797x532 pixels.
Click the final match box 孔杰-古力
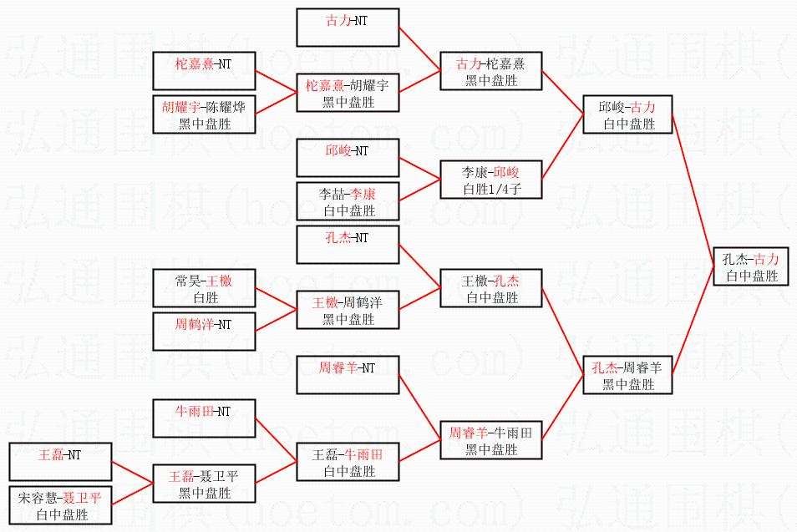(x=750, y=266)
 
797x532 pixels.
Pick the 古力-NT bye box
(x=348, y=28)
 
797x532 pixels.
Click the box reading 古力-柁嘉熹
(x=491, y=71)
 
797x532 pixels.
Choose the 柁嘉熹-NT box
(x=204, y=70)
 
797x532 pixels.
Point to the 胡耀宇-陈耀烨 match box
(x=204, y=114)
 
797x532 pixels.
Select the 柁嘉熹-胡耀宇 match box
(x=348, y=93)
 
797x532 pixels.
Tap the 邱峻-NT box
(x=348, y=158)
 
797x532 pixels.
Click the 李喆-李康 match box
(x=348, y=201)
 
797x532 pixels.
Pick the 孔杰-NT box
(x=348, y=245)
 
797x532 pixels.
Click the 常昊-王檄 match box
(x=204, y=288)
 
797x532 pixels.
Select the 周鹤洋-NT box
(x=204, y=332)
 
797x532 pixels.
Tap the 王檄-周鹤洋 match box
(x=348, y=310)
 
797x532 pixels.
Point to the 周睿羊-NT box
(x=348, y=374)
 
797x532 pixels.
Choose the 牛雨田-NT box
(x=204, y=418)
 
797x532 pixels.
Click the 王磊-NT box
(x=60, y=462)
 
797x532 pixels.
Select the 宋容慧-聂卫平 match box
(x=60, y=505)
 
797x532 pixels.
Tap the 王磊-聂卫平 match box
(x=204, y=484)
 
